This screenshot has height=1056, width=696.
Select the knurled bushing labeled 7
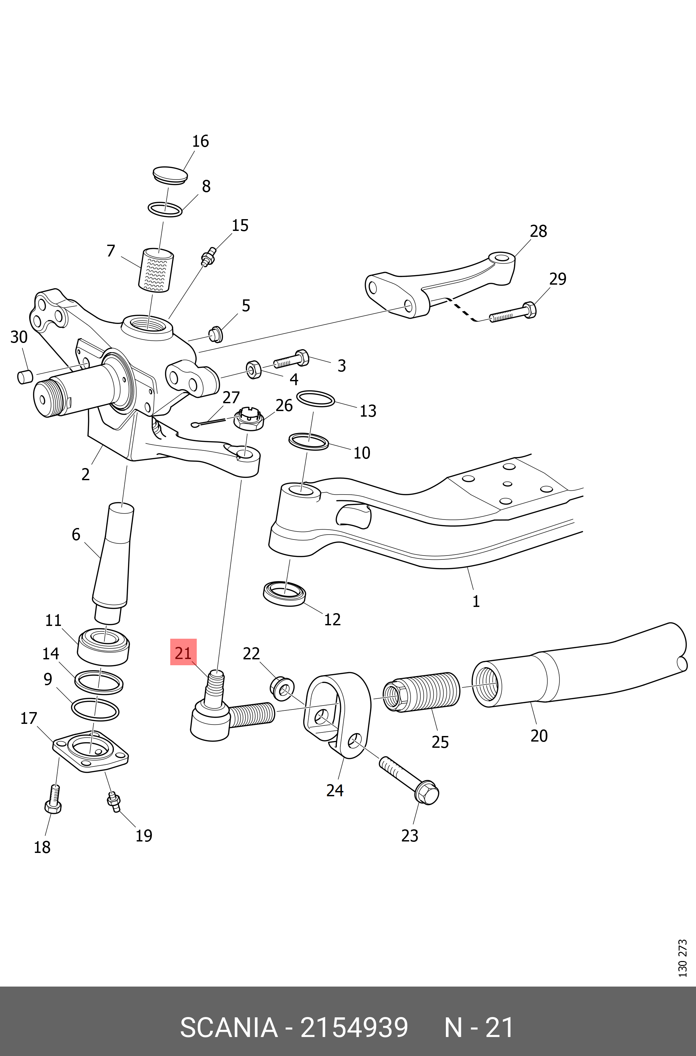click(x=156, y=271)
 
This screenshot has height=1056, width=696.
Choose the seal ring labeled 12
click(x=284, y=593)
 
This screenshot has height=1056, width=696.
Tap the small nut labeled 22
click(x=282, y=688)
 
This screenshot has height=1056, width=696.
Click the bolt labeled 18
click(x=53, y=799)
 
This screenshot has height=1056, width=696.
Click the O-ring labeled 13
click(x=315, y=398)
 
